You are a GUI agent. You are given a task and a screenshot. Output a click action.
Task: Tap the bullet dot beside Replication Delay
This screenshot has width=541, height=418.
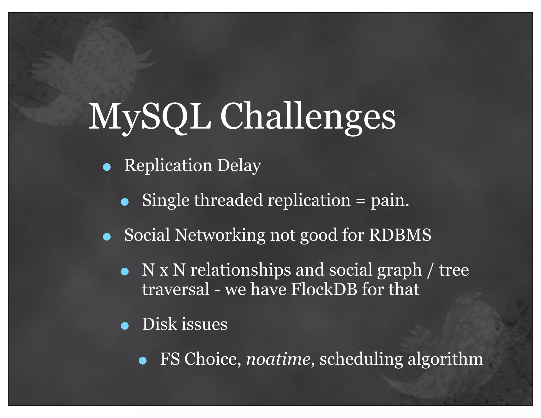107,167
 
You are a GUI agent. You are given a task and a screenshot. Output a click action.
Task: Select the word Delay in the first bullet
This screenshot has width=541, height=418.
239,166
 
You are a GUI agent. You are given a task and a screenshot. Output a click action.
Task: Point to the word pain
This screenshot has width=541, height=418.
390,201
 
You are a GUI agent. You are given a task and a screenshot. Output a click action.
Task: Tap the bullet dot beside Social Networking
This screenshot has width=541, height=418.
107,237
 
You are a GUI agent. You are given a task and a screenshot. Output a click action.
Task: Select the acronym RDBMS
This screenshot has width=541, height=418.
400,235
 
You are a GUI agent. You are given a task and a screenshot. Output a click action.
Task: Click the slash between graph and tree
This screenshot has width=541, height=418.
430,270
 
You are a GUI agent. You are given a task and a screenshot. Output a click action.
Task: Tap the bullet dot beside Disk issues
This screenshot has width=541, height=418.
125,326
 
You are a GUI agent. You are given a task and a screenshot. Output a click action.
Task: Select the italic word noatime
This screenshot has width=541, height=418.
278,359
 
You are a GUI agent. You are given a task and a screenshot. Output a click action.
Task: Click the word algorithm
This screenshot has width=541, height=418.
445,360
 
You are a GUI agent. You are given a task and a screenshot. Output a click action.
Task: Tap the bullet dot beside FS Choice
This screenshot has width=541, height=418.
143,361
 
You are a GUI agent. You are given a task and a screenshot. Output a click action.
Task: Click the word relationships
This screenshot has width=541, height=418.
240,270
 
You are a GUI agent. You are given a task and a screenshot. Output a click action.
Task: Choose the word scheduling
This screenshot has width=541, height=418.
361,360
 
